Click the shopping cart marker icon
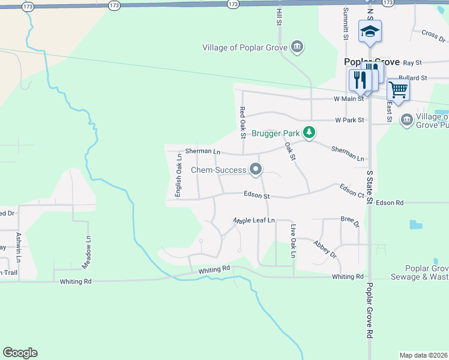point(399,91)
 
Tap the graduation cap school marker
point(370,32)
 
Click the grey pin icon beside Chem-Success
point(256,170)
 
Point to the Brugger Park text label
point(276,133)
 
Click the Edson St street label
point(257,195)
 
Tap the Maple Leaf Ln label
point(254,221)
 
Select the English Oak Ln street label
point(178,175)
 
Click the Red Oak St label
point(243,122)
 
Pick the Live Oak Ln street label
point(293,241)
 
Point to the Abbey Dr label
point(325,249)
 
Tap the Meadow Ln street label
point(88,251)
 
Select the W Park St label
point(349,120)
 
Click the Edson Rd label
point(390,203)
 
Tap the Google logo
point(20,353)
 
